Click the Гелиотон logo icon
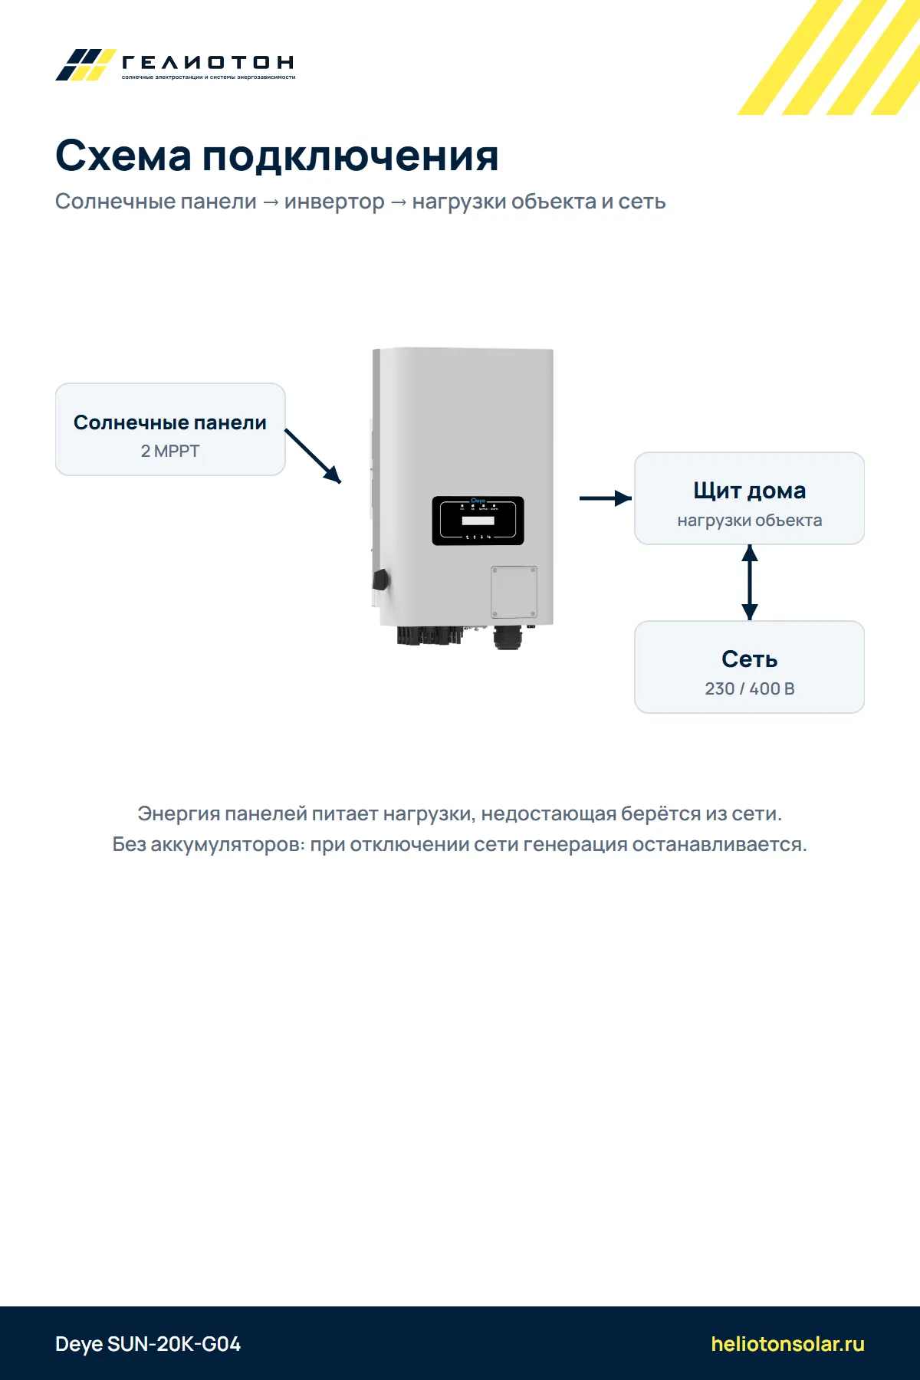(x=85, y=64)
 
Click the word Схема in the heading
(x=123, y=156)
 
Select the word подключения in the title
(x=350, y=157)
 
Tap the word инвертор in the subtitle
(x=334, y=202)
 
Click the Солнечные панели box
(x=170, y=429)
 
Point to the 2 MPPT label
(x=170, y=451)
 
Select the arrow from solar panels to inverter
(x=313, y=456)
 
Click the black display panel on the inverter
(x=478, y=521)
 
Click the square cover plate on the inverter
(x=514, y=592)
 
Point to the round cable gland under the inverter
(x=508, y=637)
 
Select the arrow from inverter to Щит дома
(x=606, y=498)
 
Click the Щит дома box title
(x=750, y=491)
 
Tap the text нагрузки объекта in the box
(x=750, y=520)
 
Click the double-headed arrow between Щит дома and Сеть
(x=750, y=583)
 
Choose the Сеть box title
(x=750, y=659)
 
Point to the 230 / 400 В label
(x=750, y=688)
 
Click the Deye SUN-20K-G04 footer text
(x=148, y=1344)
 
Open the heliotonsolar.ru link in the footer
(x=788, y=1344)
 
